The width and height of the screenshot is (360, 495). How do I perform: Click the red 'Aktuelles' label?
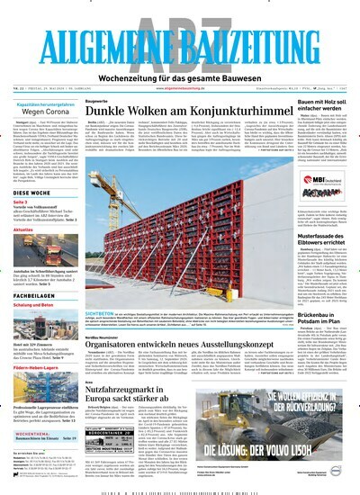(x=27, y=230)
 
